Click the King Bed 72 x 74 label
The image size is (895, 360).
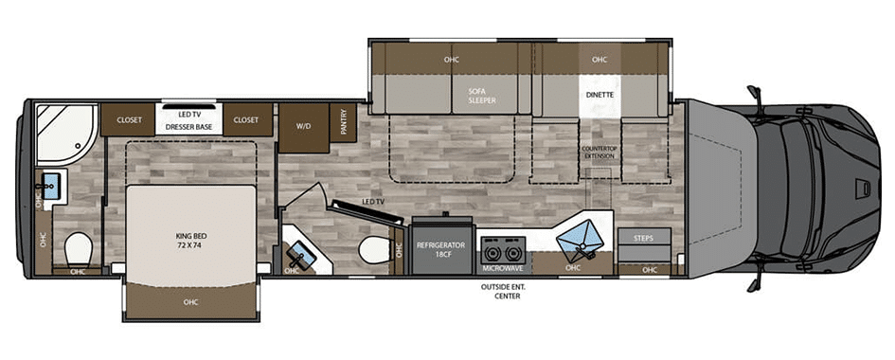[x=190, y=239]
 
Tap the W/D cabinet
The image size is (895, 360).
[x=304, y=128]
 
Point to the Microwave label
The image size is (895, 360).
[x=501, y=267]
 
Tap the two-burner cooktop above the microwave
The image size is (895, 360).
[x=501, y=249]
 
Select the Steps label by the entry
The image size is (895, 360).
[x=643, y=238]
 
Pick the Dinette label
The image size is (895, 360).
[x=600, y=95]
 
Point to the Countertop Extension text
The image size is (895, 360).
[x=599, y=153]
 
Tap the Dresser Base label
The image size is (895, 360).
[x=188, y=127]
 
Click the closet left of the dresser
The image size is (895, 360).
[x=129, y=119]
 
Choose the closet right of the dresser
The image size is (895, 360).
[x=248, y=119]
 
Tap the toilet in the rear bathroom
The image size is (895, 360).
[x=78, y=250]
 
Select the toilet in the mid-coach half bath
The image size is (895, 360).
[x=374, y=250]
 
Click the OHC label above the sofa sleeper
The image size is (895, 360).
[x=452, y=60]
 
